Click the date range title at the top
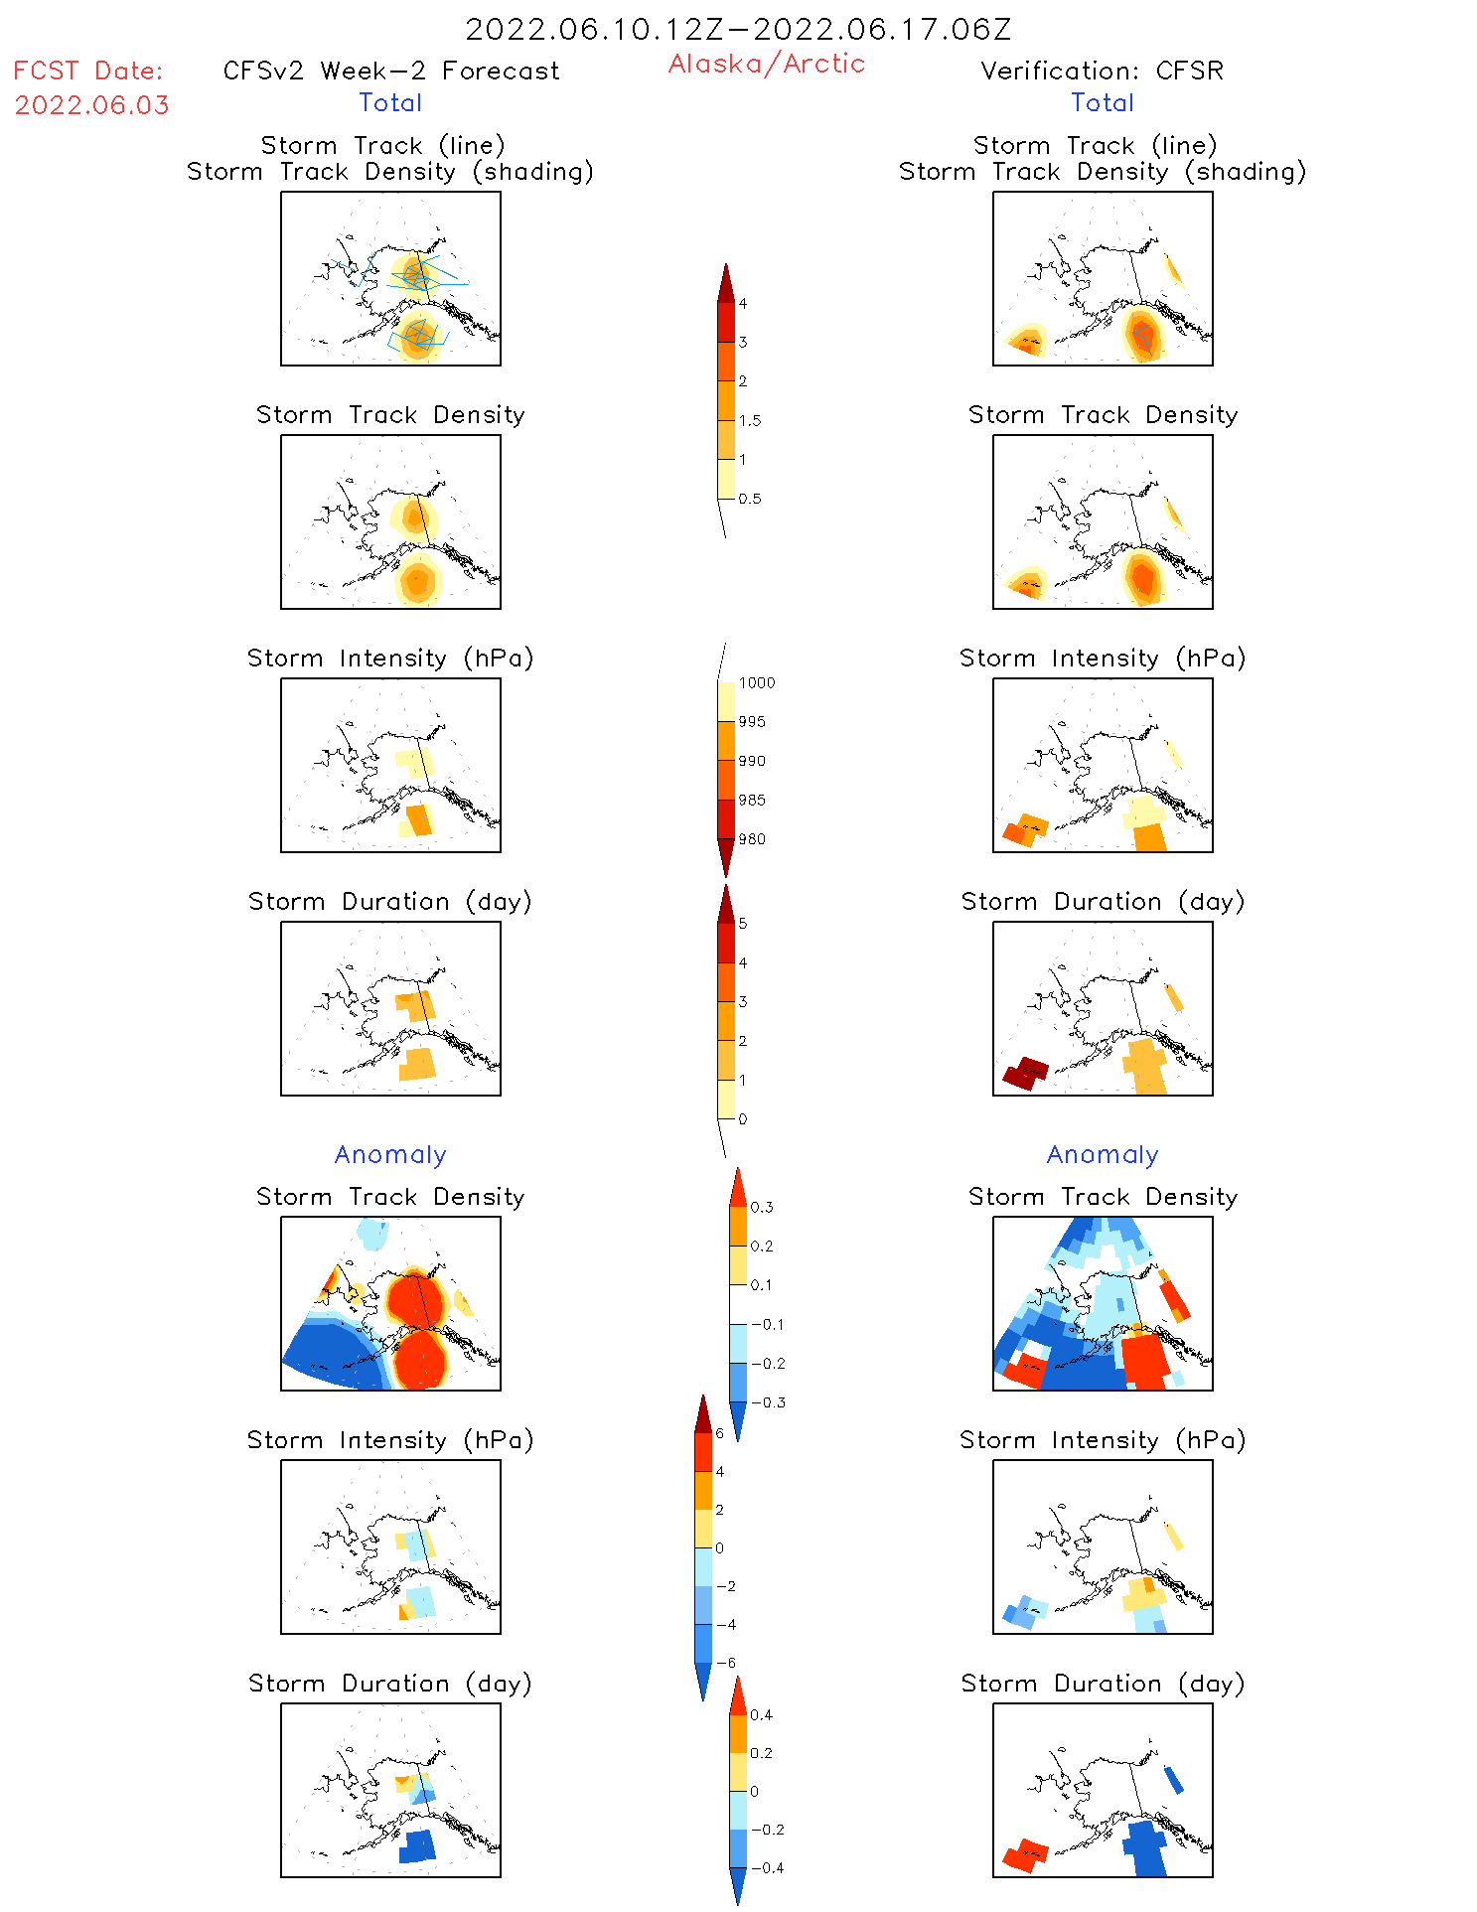point(738,30)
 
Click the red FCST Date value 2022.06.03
point(92,105)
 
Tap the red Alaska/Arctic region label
point(767,64)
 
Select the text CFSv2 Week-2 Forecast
point(391,71)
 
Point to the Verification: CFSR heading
point(1102,71)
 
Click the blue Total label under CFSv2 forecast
point(390,102)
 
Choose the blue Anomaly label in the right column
point(1103,1154)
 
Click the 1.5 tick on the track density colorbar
point(750,420)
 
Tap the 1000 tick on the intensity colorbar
point(756,682)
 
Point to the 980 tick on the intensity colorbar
point(752,839)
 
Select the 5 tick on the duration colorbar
point(743,924)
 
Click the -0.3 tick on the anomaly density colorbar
point(767,1402)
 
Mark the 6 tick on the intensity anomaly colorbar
point(720,1433)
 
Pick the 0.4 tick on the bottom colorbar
point(761,1714)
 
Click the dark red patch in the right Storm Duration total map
point(1026,1073)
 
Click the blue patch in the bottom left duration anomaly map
point(417,1845)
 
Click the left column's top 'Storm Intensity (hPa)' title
point(390,659)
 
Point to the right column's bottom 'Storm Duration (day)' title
point(1103,1684)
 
